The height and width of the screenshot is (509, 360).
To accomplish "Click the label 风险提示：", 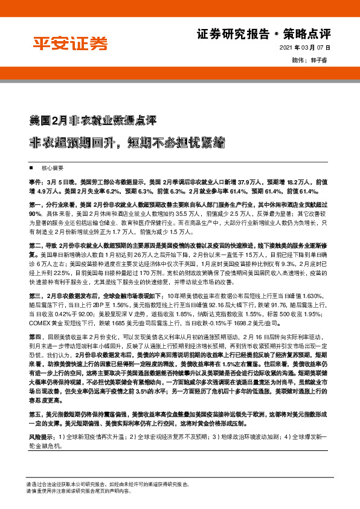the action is point(41,436).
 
